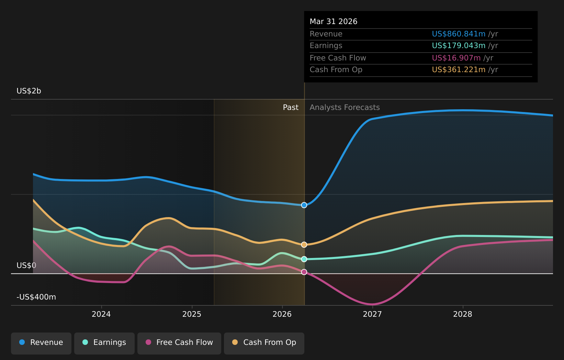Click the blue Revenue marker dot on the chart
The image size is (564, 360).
click(x=304, y=205)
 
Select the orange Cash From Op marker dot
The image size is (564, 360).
click(x=304, y=245)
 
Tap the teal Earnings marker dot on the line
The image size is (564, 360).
click(x=304, y=259)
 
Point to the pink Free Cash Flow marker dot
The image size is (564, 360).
click(x=304, y=272)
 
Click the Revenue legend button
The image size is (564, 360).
click(x=41, y=344)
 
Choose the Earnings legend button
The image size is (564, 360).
click(x=104, y=344)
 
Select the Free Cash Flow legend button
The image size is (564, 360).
click(x=179, y=344)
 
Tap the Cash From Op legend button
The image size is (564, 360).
click(x=264, y=344)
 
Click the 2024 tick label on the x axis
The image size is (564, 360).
click(x=101, y=314)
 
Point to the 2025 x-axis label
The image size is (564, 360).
click(x=192, y=314)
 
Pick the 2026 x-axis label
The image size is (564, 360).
click(x=282, y=314)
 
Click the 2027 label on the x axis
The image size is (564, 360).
click(x=372, y=314)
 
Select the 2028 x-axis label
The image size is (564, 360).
click(x=463, y=314)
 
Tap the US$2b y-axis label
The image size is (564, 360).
click(x=29, y=91)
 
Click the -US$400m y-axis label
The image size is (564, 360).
click(x=36, y=297)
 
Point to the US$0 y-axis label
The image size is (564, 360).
click(x=26, y=265)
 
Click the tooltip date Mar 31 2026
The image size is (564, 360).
click(x=334, y=22)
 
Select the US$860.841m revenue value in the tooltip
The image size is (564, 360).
click(x=459, y=34)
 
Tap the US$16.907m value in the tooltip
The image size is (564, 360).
click(x=456, y=58)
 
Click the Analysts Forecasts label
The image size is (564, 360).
click(x=345, y=108)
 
